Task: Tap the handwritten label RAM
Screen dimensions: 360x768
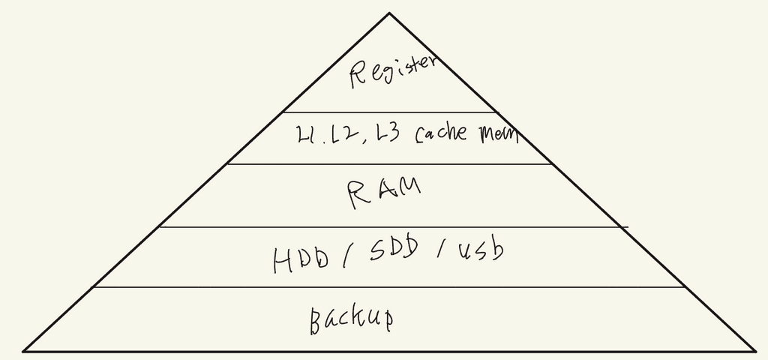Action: pyautogui.click(x=383, y=193)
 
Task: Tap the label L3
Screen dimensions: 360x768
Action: pyautogui.click(x=389, y=134)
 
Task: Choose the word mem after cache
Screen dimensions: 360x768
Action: pyautogui.click(x=496, y=133)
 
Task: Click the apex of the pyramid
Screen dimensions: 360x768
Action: pyautogui.click(x=389, y=13)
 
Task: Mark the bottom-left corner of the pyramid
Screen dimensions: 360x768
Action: pyautogui.click(x=24, y=350)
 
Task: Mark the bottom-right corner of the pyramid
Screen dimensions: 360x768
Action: pyautogui.click(x=754, y=350)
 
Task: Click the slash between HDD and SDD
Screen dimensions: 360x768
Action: pyautogui.click(x=346, y=257)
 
